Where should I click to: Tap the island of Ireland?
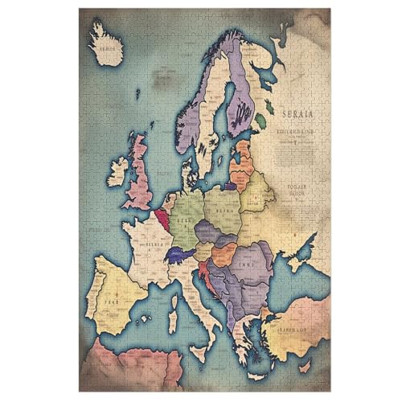pyautogui.click(x=118, y=171)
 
